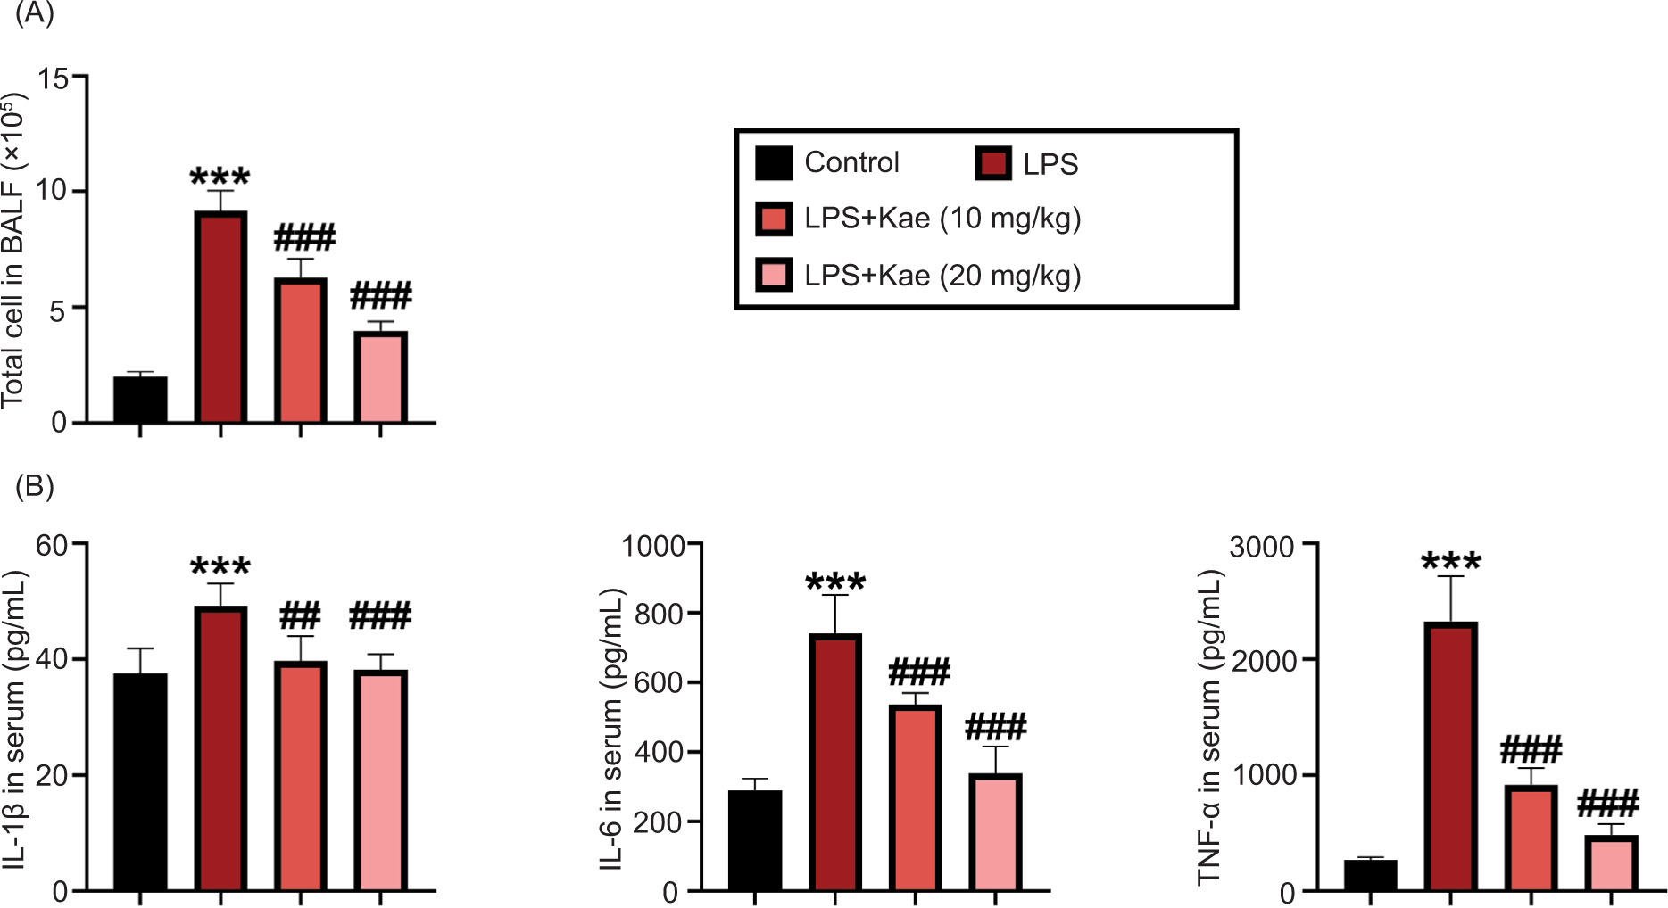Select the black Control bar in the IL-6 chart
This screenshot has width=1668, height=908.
755,840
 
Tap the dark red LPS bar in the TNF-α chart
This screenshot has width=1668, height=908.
1450,756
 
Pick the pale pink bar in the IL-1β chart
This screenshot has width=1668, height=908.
380,780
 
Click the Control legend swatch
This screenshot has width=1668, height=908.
773,163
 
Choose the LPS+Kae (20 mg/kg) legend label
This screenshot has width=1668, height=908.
942,276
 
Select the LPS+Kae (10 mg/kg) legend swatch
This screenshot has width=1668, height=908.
773,219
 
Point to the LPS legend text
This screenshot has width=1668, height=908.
1050,165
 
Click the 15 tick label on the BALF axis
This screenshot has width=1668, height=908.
53,78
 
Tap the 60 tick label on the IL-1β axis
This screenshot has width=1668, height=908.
53,545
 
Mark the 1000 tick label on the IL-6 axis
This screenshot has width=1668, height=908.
652,545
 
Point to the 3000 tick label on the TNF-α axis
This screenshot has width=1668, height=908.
1261,545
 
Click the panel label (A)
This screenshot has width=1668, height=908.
34,14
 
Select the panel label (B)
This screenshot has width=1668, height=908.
34,486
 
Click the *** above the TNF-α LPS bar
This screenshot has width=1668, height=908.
1450,562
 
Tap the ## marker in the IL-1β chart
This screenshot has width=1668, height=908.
300,615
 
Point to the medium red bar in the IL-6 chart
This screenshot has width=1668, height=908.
915,797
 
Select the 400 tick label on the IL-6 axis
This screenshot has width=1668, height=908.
660,752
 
